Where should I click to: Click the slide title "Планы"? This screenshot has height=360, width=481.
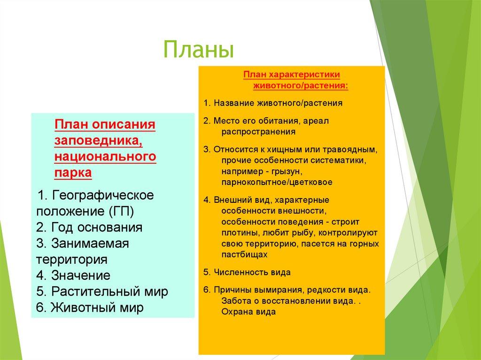click(x=199, y=49)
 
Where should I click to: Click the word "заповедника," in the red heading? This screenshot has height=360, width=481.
click(x=99, y=141)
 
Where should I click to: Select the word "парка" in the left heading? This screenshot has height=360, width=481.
click(x=73, y=173)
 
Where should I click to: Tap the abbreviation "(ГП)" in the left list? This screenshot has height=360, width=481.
click(x=121, y=211)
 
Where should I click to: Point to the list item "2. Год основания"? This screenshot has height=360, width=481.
click(x=89, y=227)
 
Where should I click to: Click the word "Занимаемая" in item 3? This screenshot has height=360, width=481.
click(x=90, y=244)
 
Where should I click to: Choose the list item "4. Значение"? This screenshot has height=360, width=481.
click(x=73, y=276)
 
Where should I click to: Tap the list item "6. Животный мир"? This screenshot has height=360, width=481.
click(x=90, y=307)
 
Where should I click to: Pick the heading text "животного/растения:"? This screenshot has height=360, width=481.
click(x=301, y=85)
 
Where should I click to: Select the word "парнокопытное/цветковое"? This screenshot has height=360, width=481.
click(x=277, y=182)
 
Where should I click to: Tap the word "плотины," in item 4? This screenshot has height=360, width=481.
click(x=240, y=233)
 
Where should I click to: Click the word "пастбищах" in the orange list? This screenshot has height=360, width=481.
click(x=244, y=254)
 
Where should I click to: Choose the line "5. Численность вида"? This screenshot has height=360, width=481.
click(x=247, y=272)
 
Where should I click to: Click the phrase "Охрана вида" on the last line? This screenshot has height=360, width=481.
click(x=248, y=312)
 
